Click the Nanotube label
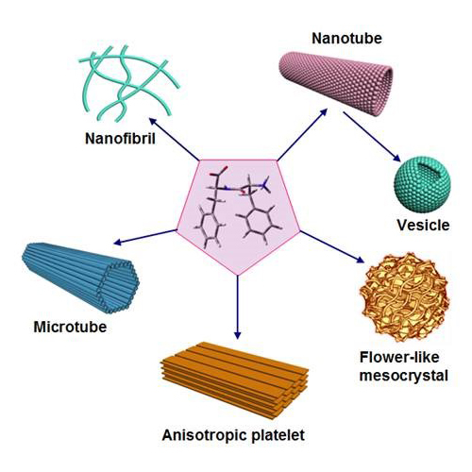pos(346,39)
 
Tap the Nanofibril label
pos(120,139)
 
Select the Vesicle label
pos(423,225)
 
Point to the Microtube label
pos(70,327)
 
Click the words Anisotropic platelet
pos(233,436)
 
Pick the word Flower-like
pos(399,358)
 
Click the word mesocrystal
pos(404,376)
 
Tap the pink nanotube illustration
pos(336,82)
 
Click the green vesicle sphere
pos(422,184)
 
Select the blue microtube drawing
pos(80,278)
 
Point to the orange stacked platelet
pos(234,379)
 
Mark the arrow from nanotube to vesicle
pos(372,137)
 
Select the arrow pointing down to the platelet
pos(238,308)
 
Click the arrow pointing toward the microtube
pos(144,237)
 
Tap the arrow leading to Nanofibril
pos(174,139)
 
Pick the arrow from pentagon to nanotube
pos(302,134)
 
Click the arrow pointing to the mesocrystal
pos(332,246)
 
